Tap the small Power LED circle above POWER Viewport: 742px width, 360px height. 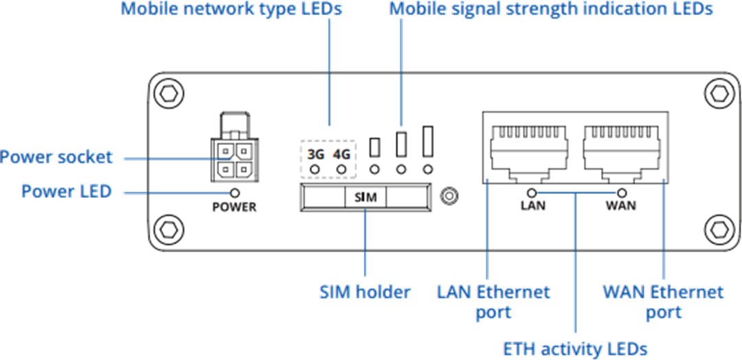coord(235,193)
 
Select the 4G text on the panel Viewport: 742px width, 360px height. coord(341,154)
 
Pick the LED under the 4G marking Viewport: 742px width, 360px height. coord(341,169)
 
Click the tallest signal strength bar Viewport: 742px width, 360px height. coord(429,141)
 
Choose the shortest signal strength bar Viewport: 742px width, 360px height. coord(375,146)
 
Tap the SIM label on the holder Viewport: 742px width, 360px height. coord(366,197)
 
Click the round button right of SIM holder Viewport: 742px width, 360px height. coord(449,197)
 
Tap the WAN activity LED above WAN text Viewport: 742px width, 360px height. coord(622,193)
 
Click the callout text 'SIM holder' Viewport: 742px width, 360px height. coord(365,292)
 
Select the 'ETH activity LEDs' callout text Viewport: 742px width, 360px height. coord(576,349)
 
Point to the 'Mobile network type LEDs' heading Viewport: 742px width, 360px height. coord(231,10)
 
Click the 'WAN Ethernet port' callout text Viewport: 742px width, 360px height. coord(663,302)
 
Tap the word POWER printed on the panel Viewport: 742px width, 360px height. coord(234,207)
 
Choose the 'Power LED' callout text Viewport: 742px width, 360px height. coord(66,191)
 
